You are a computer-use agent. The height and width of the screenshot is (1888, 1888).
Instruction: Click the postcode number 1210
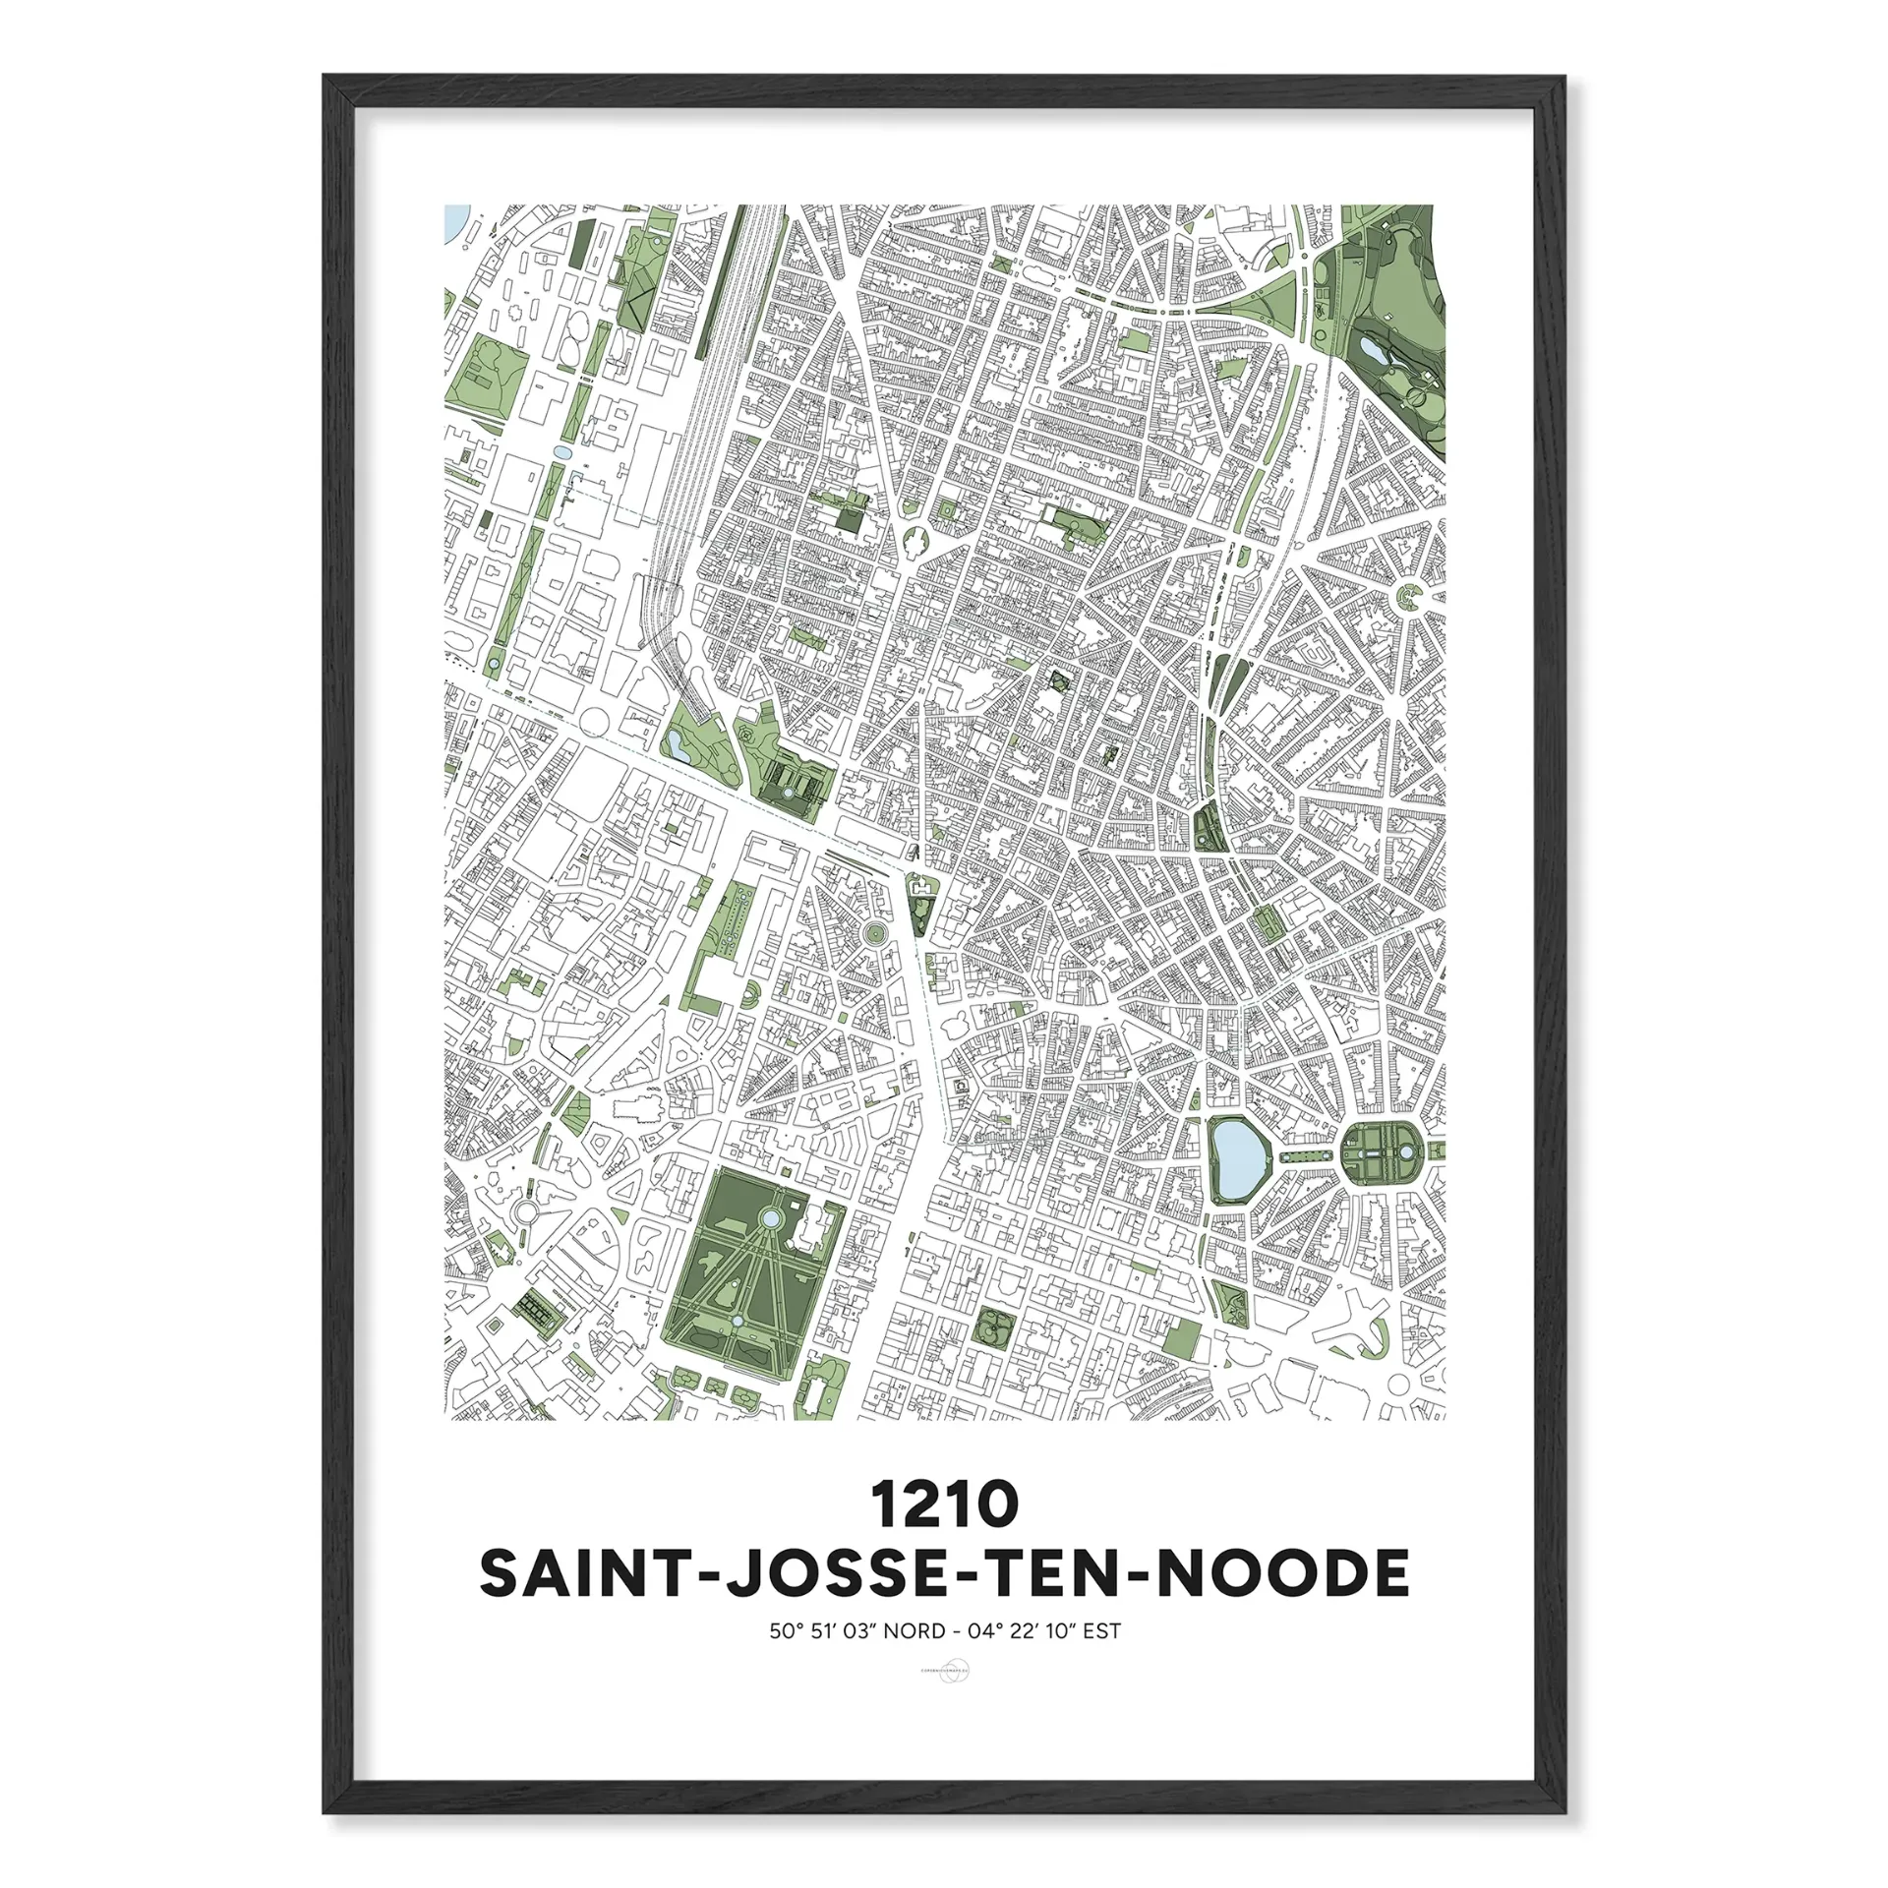click(x=943, y=1505)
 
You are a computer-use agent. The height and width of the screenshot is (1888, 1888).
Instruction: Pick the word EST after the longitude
click(x=1101, y=1631)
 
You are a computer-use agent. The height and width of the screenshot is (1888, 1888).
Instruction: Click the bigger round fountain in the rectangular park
click(x=771, y=1220)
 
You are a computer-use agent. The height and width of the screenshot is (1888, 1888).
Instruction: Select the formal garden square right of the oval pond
click(x=1381, y=1151)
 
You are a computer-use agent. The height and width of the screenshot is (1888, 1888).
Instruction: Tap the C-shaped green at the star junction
click(x=1412, y=593)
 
